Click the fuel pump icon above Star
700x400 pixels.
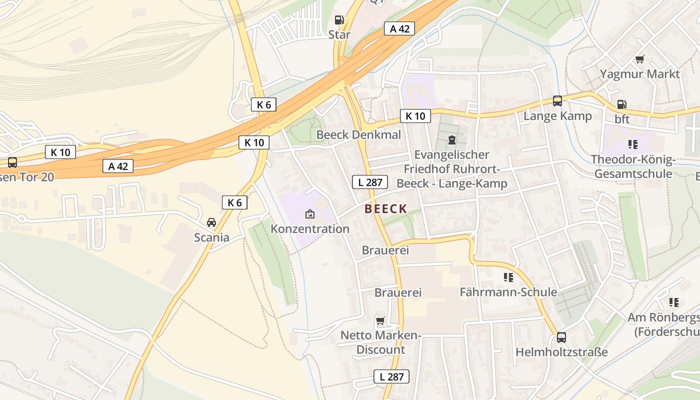point(339,20)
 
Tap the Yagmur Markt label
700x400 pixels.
point(639,74)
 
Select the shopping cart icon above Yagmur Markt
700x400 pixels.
point(639,59)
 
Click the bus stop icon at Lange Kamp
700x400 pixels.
point(557,101)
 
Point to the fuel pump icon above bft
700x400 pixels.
point(621,104)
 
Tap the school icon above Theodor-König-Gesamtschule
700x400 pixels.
point(633,144)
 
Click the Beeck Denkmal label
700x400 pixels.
point(358,135)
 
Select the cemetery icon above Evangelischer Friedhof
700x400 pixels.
point(452,139)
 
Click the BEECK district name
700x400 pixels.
point(385,209)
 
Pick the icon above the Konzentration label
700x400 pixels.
point(310,214)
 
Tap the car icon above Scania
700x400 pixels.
point(211,222)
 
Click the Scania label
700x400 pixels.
point(211,237)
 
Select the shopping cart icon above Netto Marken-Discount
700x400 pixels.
point(380,320)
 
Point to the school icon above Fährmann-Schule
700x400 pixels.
point(508,277)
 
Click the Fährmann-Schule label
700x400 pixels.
point(508,292)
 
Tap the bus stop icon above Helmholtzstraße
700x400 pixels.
point(561,337)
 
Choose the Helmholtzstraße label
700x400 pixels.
point(561,352)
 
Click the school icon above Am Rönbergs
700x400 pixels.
point(674,302)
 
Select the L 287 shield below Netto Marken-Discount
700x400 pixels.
point(391,376)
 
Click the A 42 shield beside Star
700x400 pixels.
point(399,29)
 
